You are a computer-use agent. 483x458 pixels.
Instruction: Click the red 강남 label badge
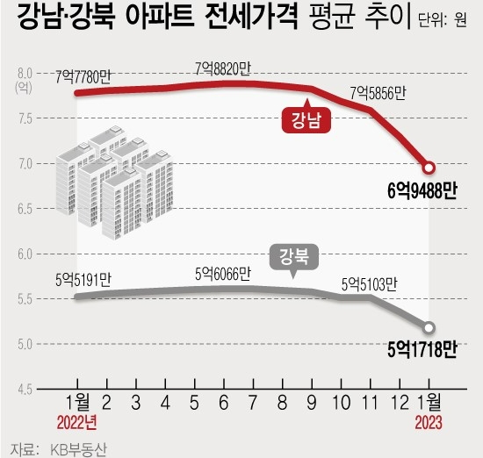pos(306,118)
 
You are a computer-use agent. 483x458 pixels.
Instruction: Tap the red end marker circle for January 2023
pos(429,168)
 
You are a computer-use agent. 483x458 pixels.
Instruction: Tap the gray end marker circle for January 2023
pos(429,327)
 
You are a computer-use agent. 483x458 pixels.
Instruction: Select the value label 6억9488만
pos(422,191)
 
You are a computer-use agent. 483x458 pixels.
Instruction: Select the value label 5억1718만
pos(422,350)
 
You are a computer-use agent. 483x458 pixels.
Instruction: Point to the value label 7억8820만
pos(223,69)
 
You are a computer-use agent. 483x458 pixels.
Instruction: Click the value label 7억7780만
pos(83,77)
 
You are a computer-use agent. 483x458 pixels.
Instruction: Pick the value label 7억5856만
pos(378,93)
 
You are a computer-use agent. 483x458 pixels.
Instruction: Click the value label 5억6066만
pos(223,274)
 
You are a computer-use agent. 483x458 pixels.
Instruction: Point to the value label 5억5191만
pos(83,281)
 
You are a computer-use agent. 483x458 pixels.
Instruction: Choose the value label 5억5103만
pos(370,285)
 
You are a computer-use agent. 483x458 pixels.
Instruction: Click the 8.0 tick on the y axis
pos(25,74)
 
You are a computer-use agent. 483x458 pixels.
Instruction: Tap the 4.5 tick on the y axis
pos(25,390)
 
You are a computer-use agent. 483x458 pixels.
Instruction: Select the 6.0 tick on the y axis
pos(25,254)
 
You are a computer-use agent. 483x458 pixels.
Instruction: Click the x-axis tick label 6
pos(224,403)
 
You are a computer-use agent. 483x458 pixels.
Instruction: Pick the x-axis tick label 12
pos(400,403)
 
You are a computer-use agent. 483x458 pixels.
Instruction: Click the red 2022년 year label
pos(77,423)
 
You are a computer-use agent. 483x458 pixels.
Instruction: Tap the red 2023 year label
pos(429,423)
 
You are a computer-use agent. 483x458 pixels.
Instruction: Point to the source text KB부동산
pos(78,450)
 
